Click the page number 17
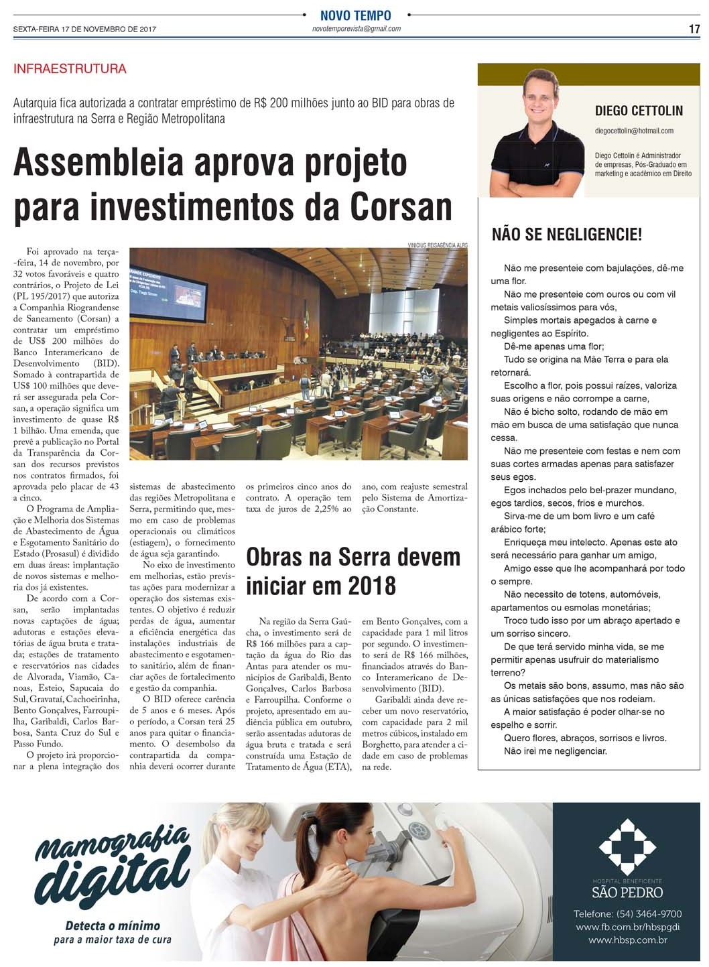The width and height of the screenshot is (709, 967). [x=694, y=29]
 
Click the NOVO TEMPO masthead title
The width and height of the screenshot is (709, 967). [x=356, y=15]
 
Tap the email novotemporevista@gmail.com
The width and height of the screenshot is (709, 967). [x=356, y=29]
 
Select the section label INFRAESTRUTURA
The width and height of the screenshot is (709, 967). [x=70, y=69]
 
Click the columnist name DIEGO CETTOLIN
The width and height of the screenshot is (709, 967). [x=639, y=111]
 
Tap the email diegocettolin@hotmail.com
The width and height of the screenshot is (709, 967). [x=634, y=131]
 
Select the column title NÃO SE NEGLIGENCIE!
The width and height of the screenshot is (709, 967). [x=566, y=235]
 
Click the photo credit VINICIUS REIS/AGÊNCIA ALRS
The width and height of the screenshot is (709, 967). [x=437, y=245]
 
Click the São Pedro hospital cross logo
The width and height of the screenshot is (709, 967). [x=627, y=846]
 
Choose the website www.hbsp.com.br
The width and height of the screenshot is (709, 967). [x=627, y=941]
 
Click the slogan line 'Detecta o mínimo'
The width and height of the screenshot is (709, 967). [x=113, y=925]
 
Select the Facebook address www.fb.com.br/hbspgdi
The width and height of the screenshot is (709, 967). [x=627, y=927]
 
